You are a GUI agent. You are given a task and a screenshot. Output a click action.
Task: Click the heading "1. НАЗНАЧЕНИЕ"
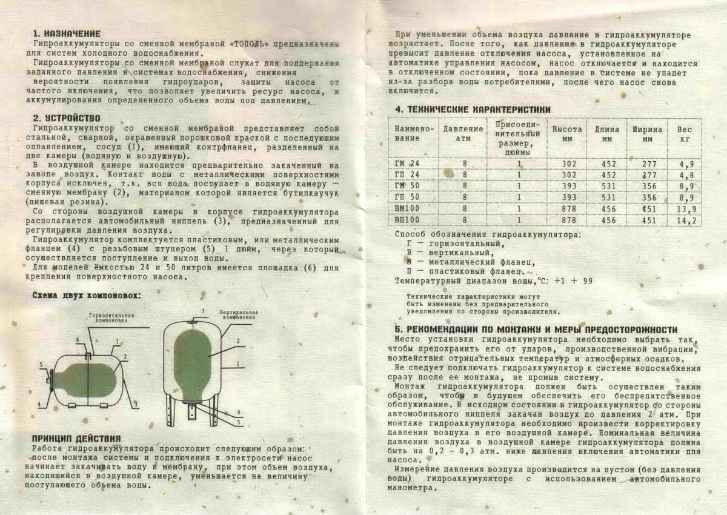tap(67, 33)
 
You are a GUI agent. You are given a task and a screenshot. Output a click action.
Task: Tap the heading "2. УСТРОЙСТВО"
tap(67, 118)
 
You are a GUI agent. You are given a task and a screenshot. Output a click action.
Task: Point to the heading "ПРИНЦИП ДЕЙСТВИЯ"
tap(76, 438)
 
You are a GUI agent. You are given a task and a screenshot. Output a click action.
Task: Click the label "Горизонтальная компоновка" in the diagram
tap(111, 318)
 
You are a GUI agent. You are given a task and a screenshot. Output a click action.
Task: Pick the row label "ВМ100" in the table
tap(407, 208)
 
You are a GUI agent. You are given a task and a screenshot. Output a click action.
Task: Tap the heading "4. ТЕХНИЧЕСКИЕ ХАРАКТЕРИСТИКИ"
tap(473, 109)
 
